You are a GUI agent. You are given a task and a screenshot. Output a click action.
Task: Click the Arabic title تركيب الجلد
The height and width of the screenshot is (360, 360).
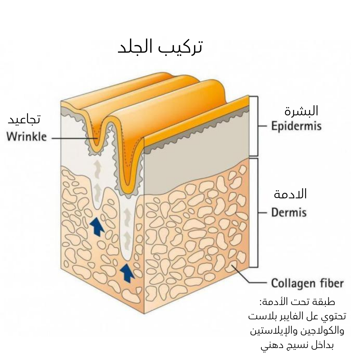[x=161, y=47]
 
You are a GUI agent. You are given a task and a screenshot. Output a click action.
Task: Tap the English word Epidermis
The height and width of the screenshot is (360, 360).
[x=296, y=126]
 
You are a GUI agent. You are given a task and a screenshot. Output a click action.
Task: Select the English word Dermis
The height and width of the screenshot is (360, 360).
[x=289, y=212]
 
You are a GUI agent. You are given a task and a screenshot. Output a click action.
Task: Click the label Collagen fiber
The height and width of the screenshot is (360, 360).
[x=307, y=283]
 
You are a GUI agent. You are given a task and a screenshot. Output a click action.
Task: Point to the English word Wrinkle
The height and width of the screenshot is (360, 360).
[x=27, y=137]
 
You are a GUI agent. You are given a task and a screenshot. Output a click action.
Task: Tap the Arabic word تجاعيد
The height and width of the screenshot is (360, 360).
[x=24, y=119]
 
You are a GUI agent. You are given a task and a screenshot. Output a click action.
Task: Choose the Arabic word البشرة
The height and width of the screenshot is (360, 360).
[x=301, y=111]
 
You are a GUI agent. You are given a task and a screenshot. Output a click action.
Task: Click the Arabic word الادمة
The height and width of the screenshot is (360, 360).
[x=290, y=194]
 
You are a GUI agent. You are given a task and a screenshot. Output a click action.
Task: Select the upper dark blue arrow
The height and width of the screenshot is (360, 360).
[x=97, y=226]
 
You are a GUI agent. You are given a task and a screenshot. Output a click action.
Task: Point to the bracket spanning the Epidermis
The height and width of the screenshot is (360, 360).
[x=257, y=126]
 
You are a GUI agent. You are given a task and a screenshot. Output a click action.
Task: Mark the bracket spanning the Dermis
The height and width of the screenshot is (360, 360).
[x=257, y=213]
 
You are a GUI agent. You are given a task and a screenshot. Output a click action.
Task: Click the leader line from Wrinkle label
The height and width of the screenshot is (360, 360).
[x=72, y=138]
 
